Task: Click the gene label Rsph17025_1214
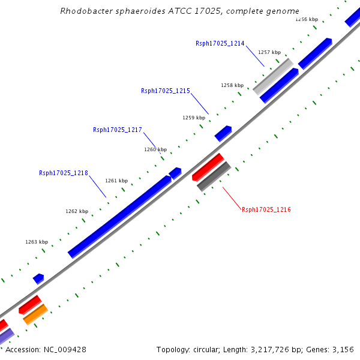pyautogui.click(x=220, y=43)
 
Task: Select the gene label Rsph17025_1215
pyautogui.click(x=166, y=91)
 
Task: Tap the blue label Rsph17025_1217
pyautogui.click(x=118, y=130)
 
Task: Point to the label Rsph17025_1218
pyautogui.click(x=64, y=173)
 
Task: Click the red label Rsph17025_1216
pyautogui.click(x=266, y=209)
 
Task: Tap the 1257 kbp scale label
pyautogui.click(x=269, y=53)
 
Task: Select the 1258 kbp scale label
pyautogui.click(x=232, y=85)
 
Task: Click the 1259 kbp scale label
pyautogui.click(x=194, y=118)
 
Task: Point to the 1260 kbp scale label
pyautogui.click(x=155, y=149)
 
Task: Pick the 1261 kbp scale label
pyautogui.click(x=116, y=181)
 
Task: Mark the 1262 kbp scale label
pyautogui.click(x=77, y=211)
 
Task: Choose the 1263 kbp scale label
pyautogui.click(x=37, y=242)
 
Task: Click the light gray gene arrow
pyautogui.click(x=273, y=76)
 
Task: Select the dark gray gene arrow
pyautogui.click(x=214, y=176)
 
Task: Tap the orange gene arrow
pyautogui.click(x=35, y=314)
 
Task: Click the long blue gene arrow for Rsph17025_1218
pyautogui.click(x=119, y=217)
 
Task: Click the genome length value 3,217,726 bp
pyautogui.click(x=253, y=349)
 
